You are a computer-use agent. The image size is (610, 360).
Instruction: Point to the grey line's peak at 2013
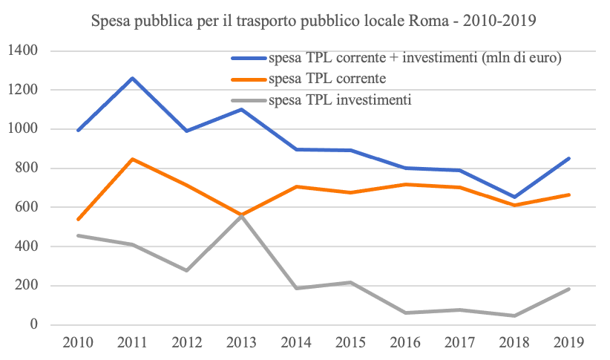pos(242,216)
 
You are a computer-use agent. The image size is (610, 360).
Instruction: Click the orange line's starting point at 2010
pos(78,220)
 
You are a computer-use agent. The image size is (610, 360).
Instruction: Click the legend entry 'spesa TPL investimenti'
pos(341,99)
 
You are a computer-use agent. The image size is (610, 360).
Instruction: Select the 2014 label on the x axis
pos(296,343)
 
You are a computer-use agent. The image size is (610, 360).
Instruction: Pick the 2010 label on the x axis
pos(78,343)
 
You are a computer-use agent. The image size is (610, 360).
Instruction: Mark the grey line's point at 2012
pos(187,270)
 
